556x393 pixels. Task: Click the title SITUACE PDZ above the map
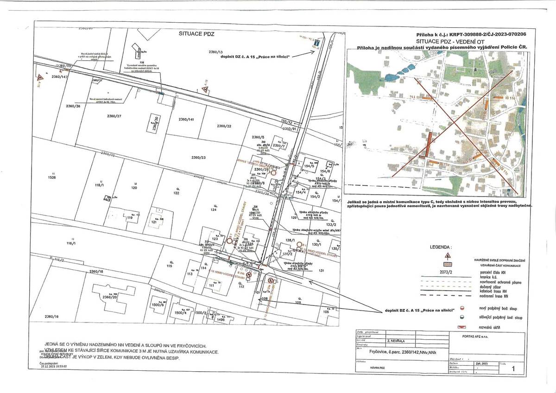coord(197,34)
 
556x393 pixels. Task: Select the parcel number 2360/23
coord(198,158)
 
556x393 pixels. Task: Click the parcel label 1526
coord(52,177)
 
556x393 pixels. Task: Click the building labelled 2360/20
coord(111,297)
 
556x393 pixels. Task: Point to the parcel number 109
coord(298,302)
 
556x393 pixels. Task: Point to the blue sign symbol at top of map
coord(316,43)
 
